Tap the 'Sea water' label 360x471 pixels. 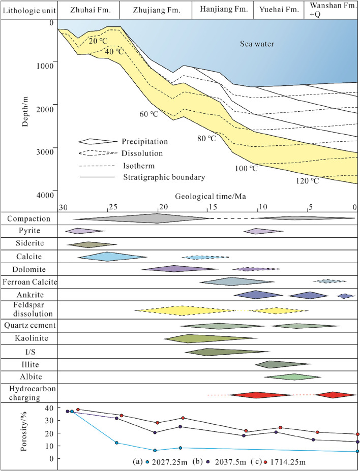click(x=257, y=45)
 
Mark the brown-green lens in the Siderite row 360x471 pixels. click(x=92, y=244)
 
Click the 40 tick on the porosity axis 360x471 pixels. click(x=49, y=409)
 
